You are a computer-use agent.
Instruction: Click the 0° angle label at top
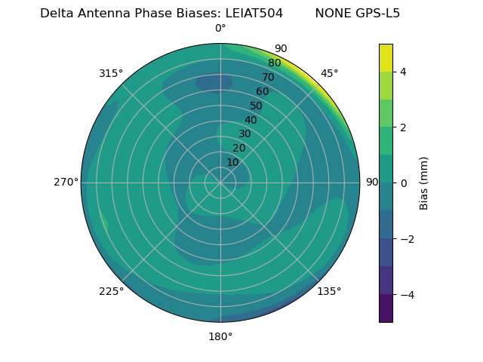(x=220, y=29)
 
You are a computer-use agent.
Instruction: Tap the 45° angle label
(x=329, y=73)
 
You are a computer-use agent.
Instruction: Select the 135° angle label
(x=329, y=291)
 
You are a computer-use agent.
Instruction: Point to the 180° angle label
(x=220, y=336)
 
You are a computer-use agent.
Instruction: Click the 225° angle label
(x=111, y=291)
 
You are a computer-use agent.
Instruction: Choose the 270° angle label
(x=66, y=182)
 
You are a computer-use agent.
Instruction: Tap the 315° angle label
(x=111, y=73)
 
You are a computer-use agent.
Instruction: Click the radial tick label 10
(x=232, y=162)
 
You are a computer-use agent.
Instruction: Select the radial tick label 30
(x=245, y=133)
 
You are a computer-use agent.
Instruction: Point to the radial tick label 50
(x=257, y=106)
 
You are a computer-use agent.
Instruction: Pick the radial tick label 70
(x=269, y=77)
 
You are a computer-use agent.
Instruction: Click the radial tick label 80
(x=275, y=63)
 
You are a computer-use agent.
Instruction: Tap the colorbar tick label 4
(x=403, y=72)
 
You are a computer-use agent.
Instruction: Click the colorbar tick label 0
(x=403, y=183)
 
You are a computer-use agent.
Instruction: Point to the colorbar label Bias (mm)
(x=424, y=183)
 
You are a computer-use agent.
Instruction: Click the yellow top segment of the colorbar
(x=386, y=57)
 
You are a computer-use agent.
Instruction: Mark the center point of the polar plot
(x=220, y=183)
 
